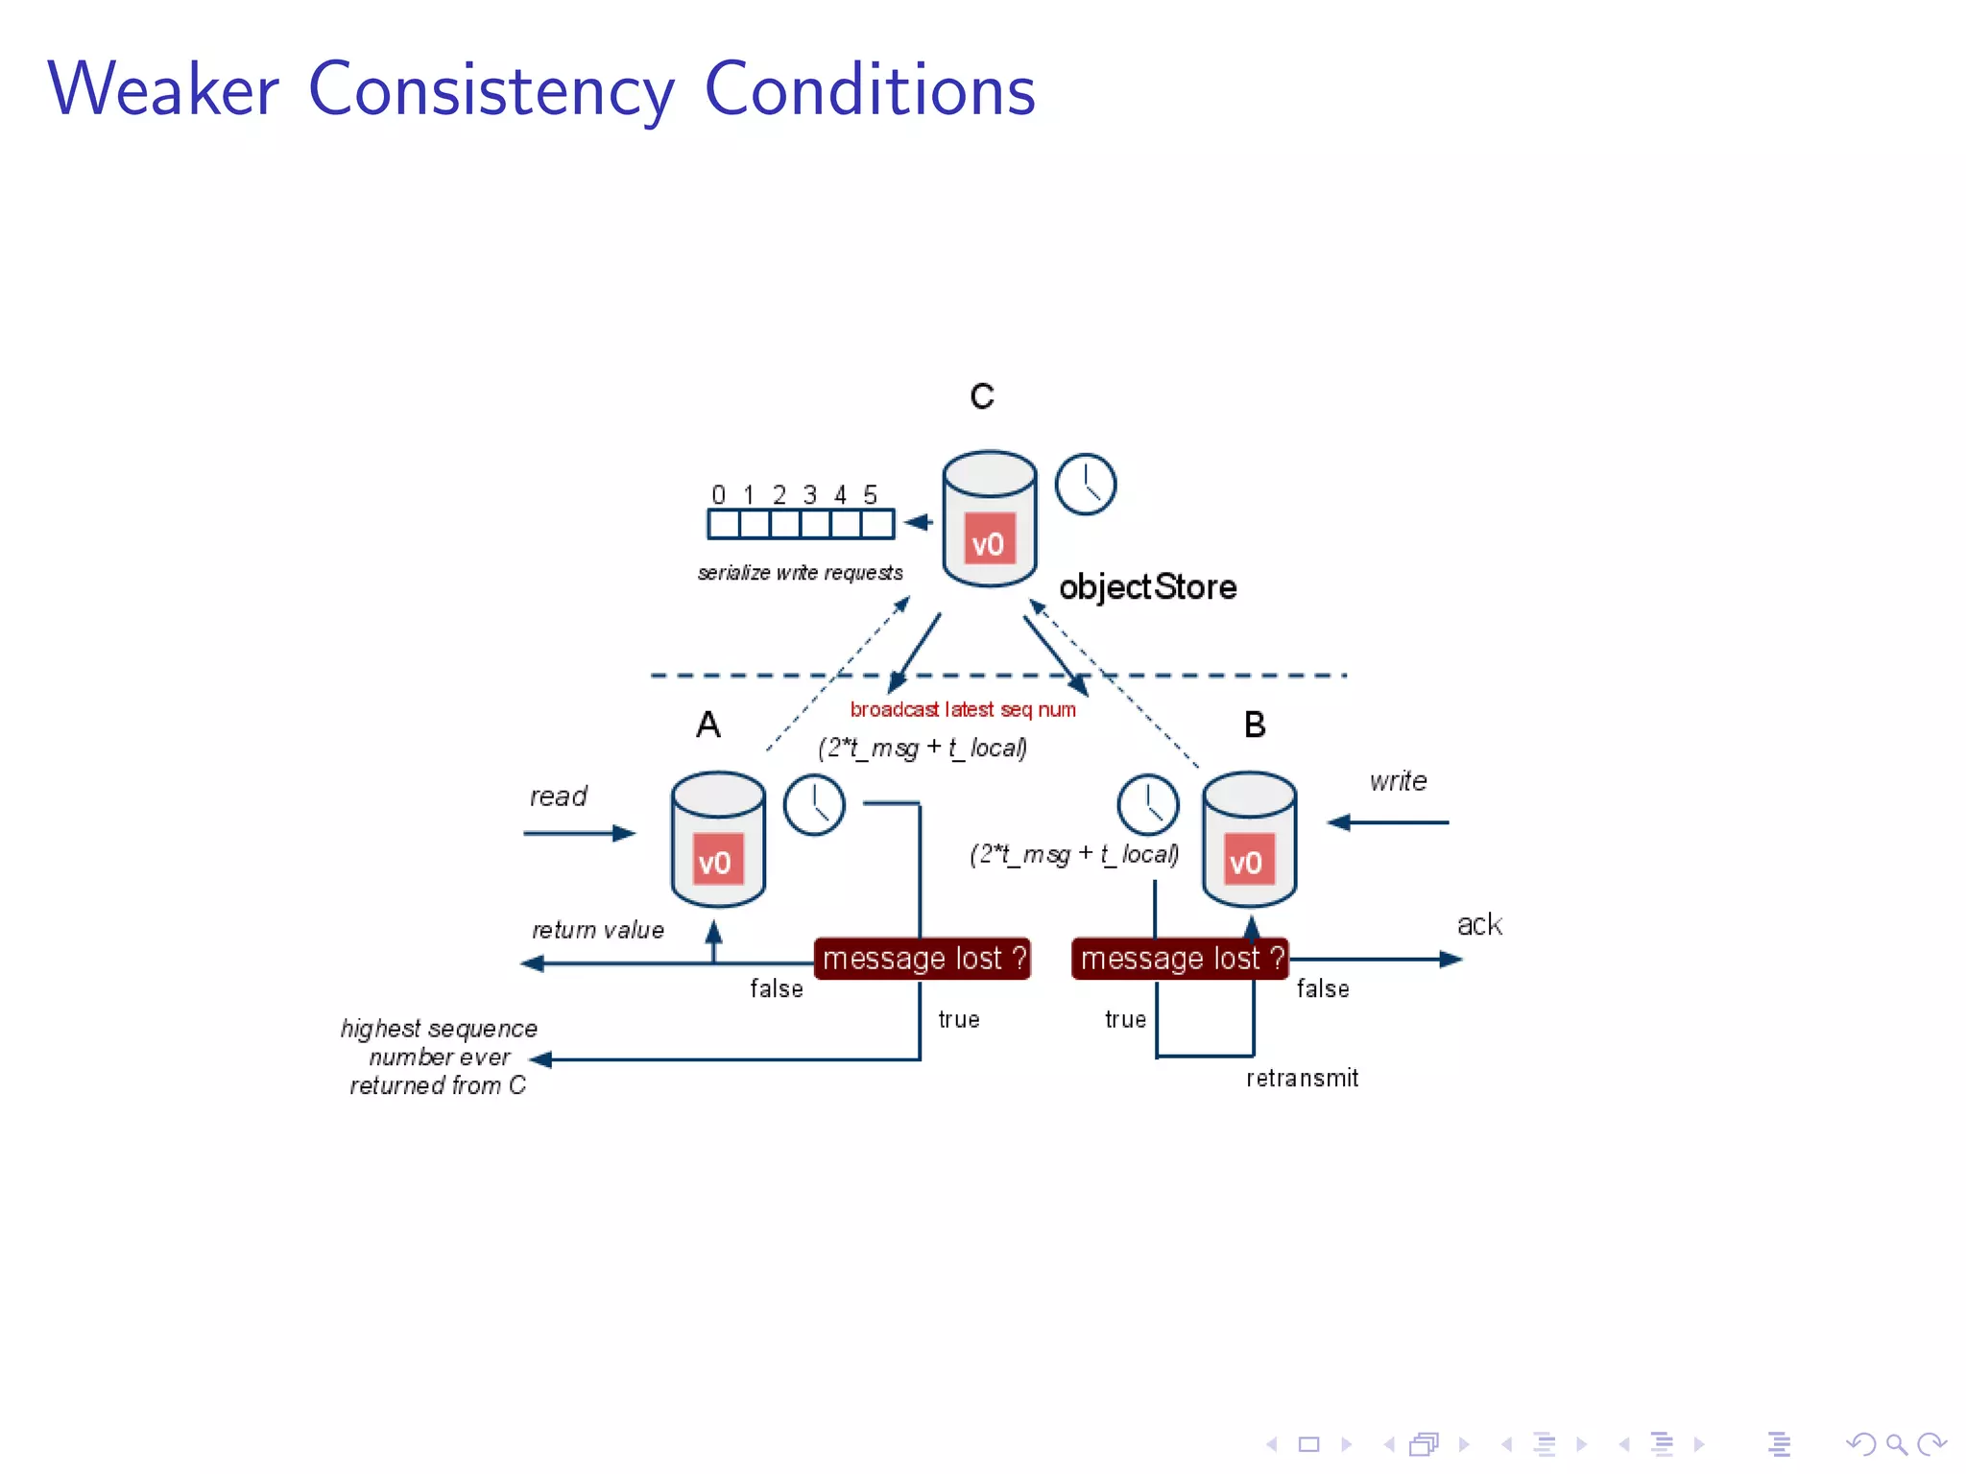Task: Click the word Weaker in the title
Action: click(x=163, y=89)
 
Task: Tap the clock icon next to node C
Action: click(x=1085, y=484)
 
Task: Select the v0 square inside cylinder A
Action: click(x=716, y=861)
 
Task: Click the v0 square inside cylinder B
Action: click(x=1247, y=861)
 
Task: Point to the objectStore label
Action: click(x=1147, y=586)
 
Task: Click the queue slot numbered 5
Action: click(x=877, y=524)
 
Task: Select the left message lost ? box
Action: click(x=923, y=959)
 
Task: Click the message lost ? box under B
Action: click(x=1180, y=959)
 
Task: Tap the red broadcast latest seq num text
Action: click(x=962, y=709)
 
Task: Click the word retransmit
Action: click(x=1302, y=1079)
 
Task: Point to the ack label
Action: click(x=1478, y=924)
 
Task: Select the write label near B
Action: click(x=1398, y=781)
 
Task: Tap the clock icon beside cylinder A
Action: click(x=814, y=805)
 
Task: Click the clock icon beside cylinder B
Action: click(x=1147, y=804)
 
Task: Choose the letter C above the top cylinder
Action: click(x=981, y=396)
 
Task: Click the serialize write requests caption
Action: click(x=800, y=573)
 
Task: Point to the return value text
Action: click(x=597, y=930)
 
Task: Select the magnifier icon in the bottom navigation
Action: click(x=1896, y=1444)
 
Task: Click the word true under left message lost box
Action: click(x=958, y=1019)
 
